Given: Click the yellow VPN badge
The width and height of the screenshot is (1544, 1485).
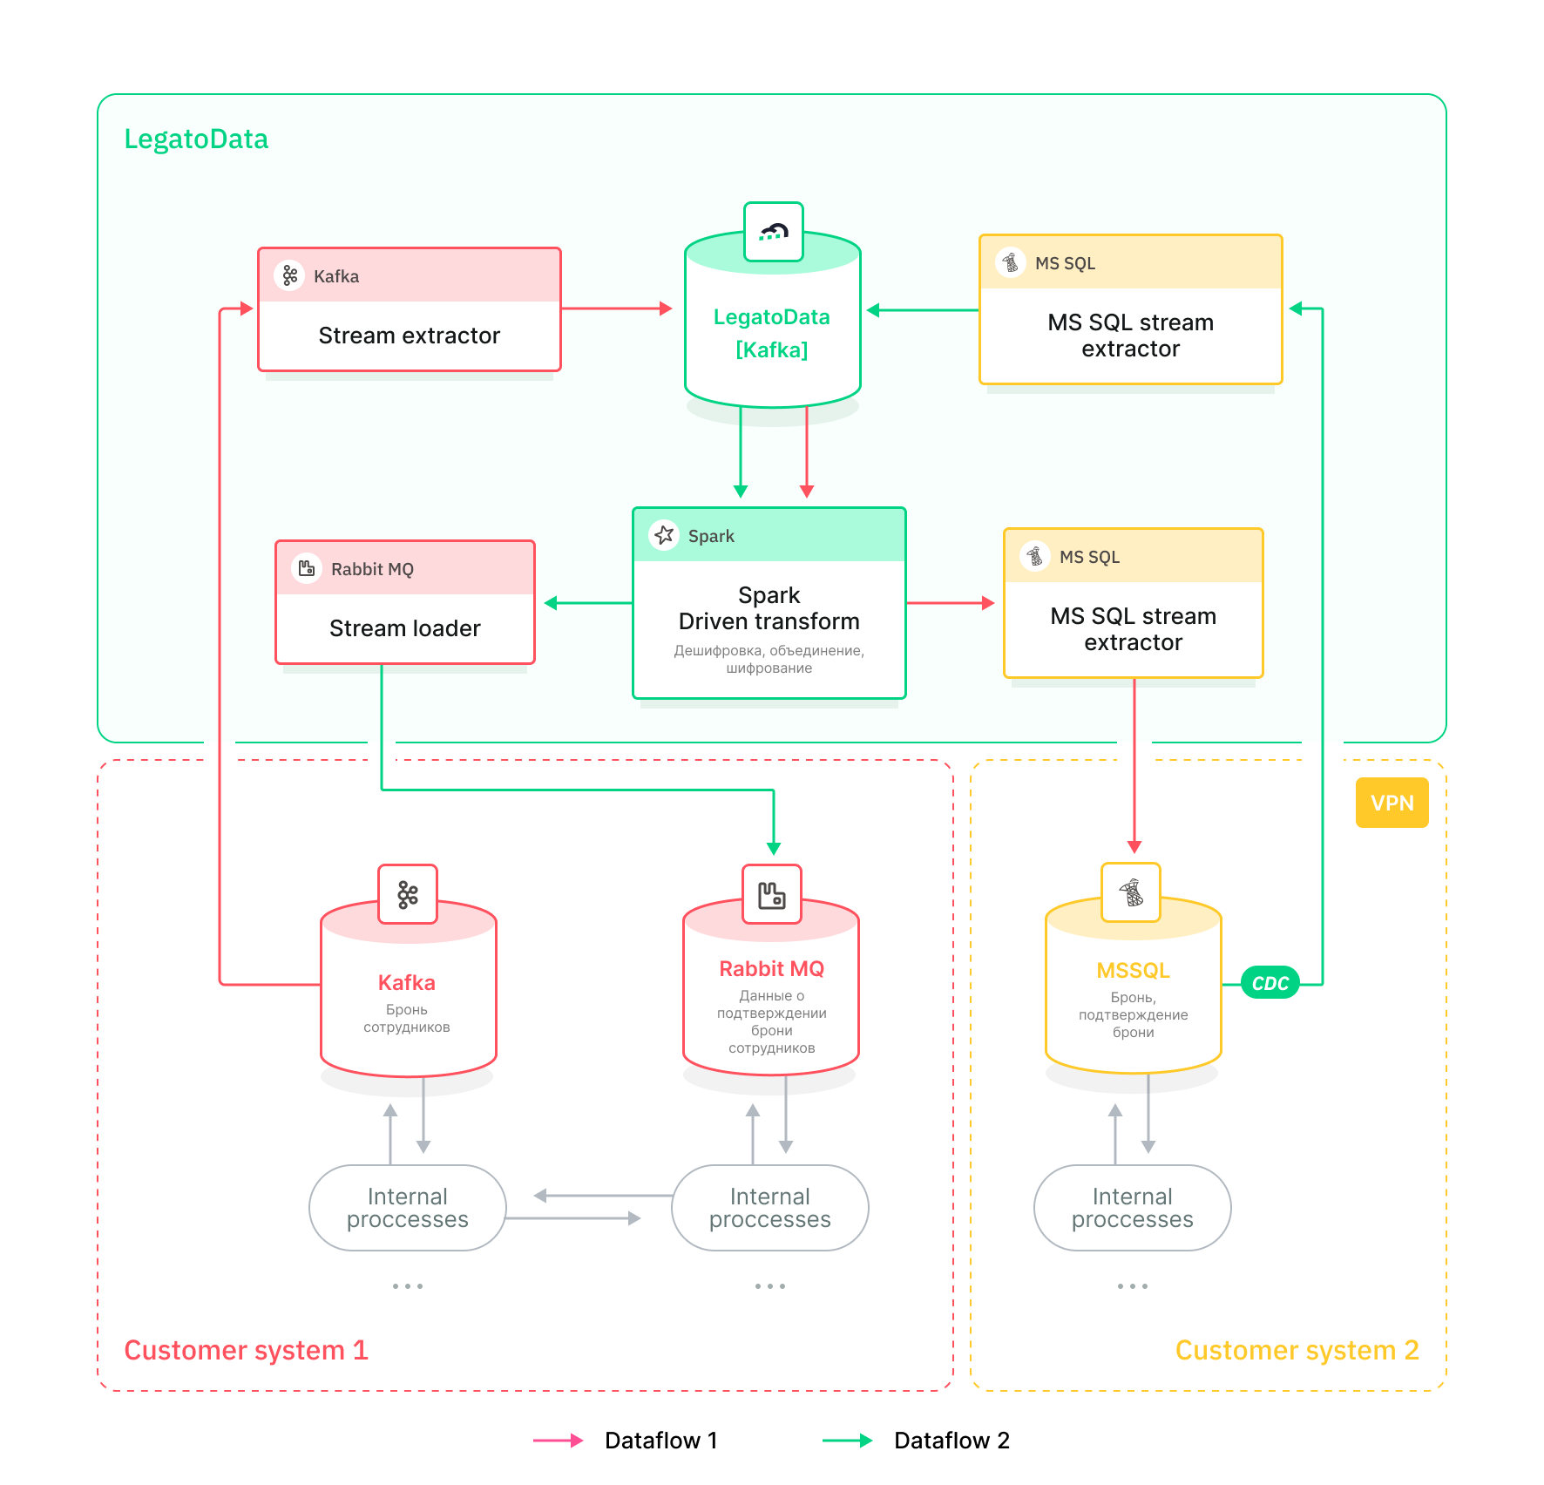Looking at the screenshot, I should click(x=1392, y=803).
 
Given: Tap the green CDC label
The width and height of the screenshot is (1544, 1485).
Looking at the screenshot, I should click(x=1270, y=983).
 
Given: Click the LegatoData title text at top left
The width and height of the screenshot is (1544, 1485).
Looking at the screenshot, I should click(x=196, y=139).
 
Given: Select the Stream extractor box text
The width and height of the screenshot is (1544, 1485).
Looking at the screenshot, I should click(x=409, y=336).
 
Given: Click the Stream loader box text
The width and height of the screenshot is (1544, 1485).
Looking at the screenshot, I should click(x=404, y=628).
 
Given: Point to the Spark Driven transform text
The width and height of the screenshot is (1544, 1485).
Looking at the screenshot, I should click(x=769, y=608).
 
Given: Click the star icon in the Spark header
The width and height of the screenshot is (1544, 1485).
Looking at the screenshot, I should click(x=664, y=535).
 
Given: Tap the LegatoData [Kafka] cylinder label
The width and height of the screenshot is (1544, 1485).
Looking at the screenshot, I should click(x=771, y=333).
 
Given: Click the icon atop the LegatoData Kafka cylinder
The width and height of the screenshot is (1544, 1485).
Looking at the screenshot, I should click(x=773, y=232).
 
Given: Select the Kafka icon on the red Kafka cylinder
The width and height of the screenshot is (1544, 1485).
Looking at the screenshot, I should click(x=408, y=894).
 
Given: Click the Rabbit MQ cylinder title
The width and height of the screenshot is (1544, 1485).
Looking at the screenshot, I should click(x=771, y=969).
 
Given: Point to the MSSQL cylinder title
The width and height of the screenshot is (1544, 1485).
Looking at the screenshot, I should click(x=1133, y=971).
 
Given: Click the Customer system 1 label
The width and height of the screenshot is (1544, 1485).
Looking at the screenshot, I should click(x=246, y=1350).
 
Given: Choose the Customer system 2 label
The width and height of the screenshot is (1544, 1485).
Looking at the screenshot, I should click(x=1297, y=1350).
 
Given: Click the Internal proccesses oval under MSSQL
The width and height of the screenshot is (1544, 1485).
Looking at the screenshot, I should click(x=1132, y=1208).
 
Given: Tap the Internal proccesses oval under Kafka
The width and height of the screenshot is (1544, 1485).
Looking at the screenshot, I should click(x=407, y=1208).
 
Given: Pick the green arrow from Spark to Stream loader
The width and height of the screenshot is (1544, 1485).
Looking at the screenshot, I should click(x=588, y=603).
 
